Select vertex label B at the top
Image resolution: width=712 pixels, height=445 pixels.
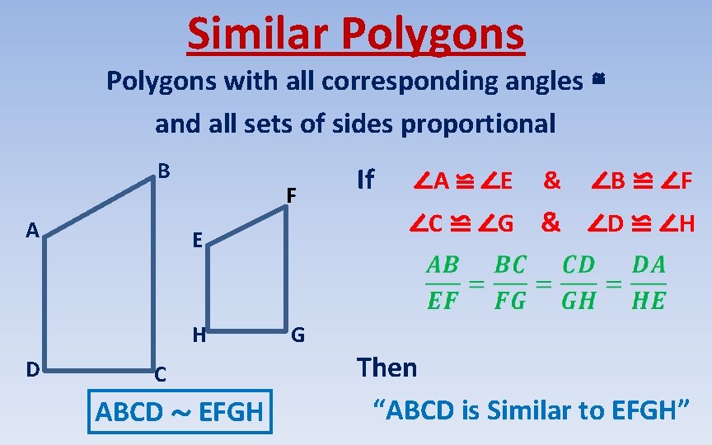[164, 171]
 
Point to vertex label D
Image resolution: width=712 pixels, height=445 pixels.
[32, 369]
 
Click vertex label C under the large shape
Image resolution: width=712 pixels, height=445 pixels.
[162, 374]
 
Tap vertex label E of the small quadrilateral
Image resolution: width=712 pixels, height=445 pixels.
[199, 241]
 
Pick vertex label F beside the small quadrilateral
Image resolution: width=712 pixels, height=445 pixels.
[291, 196]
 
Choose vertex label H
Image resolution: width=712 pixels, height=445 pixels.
[199, 335]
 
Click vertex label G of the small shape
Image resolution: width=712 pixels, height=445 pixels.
[298, 335]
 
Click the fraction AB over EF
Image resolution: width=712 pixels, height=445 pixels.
[443, 282]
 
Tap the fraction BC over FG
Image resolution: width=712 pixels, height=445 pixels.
[510, 282]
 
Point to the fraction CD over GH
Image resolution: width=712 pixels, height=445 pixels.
[578, 282]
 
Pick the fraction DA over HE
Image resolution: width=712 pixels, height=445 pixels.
[649, 282]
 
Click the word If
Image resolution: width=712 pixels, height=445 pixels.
[364, 180]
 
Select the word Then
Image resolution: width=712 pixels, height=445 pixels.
[386, 368]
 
